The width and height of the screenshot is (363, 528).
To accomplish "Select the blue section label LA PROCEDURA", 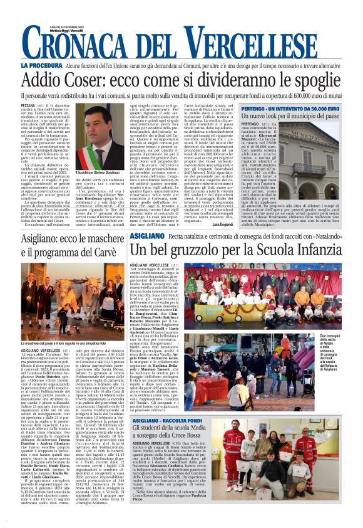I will tap(41, 65).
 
